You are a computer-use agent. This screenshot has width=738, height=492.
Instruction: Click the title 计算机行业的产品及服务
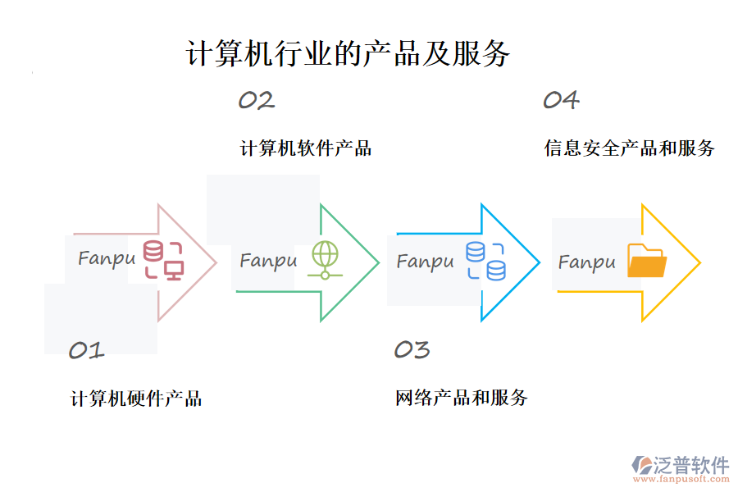[x=348, y=54]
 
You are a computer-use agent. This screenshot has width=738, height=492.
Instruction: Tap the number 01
[x=86, y=351]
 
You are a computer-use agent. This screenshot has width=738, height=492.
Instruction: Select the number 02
[x=256, y=101]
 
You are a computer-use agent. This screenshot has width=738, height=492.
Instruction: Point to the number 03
[x=412, y=350]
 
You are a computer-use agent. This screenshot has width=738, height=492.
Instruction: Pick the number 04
[x=561, y=101]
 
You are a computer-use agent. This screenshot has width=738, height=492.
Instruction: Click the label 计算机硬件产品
[x=136, y=399]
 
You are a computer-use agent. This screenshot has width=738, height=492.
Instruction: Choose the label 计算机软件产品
[x=306, y=148]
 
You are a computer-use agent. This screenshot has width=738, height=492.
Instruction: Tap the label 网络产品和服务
[x=462, y=399]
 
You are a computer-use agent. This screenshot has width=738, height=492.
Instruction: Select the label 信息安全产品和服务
[x=630, y=148]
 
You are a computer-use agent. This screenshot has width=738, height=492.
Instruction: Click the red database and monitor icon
[x=163, y=260]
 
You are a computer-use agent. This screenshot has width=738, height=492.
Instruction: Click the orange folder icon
[x=647, y=262]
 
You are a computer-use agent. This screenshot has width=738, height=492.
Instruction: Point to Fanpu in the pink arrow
[x=107, y=258]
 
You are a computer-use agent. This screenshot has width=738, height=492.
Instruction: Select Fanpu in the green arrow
[x=268, y=261]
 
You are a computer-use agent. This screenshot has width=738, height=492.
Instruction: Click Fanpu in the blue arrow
[x=425, y=262]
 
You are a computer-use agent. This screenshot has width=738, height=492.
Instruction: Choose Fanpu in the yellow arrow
[x=586, y=262]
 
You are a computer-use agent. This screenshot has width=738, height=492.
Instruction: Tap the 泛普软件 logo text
[x=690, y=465]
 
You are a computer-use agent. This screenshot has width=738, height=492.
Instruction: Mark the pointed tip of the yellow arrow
[x=699, y=263]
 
